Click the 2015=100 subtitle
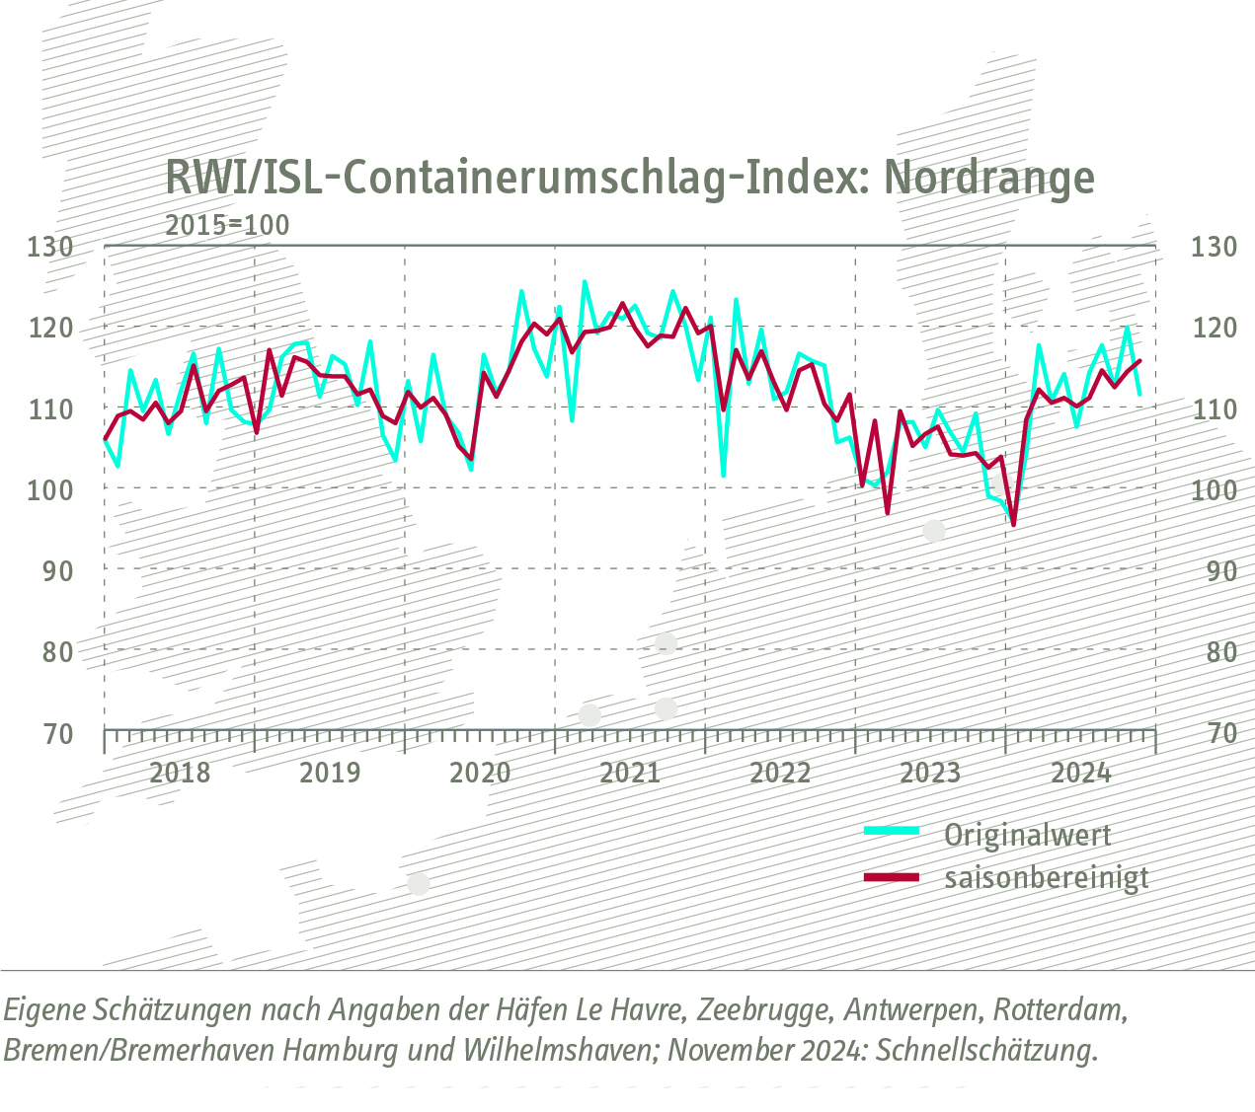227,225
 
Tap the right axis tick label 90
1213,570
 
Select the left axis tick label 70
56,733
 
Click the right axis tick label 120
1213,328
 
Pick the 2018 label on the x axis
180,773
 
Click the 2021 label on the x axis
630,773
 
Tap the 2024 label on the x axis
1080,773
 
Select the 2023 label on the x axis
930,773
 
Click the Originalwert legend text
1028,835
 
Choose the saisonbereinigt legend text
1047,877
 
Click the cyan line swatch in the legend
891,832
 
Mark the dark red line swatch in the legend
891,876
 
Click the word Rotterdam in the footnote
1059,1010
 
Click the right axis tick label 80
1213,651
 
